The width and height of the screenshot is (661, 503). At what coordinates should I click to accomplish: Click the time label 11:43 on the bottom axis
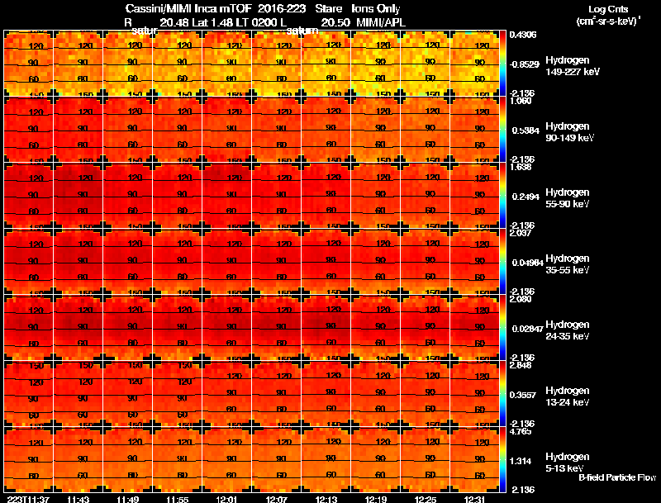[x=78, y=499]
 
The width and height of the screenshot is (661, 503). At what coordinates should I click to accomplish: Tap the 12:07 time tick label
[x=276, y=499]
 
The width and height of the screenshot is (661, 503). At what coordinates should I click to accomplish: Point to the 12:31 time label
[x=474, y=499]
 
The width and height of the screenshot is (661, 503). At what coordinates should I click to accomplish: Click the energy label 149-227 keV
[x=572, y=72]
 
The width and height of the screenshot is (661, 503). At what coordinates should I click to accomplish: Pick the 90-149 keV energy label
[x=570, y=138]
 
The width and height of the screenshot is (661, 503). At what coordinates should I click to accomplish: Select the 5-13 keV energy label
[x=566, y=468]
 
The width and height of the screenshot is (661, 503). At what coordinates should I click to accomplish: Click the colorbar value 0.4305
[x=524, y=35]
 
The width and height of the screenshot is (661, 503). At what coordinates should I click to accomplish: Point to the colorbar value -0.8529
[x=525, y=64]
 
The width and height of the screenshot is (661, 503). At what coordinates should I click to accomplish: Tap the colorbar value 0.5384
[x=525, y=130]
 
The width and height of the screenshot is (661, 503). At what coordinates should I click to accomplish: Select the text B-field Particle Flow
[x=616, y=477]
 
